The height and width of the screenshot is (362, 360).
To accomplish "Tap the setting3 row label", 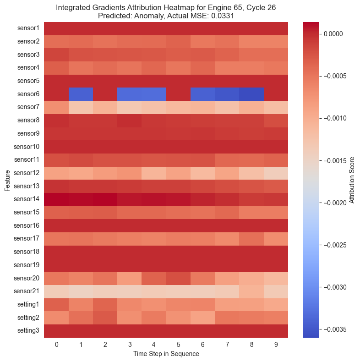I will (x=29, y=331).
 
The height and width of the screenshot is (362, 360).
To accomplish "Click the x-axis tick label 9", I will (x=276, y=344).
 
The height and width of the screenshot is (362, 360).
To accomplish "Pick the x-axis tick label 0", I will (x=56, y=344).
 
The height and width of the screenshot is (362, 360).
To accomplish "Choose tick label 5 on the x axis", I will (x=178, y=344).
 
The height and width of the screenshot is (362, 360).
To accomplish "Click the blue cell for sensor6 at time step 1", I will (x=81, y=94).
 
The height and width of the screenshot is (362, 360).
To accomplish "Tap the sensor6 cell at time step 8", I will (x=251, y=94).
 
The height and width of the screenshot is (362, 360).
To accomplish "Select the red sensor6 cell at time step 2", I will (x=105, y=94).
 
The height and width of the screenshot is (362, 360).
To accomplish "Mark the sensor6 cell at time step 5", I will (x=178, y=94).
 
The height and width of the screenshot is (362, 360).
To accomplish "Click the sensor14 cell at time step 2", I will (x=105, y=199).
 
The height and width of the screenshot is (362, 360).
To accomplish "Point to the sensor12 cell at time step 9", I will (x=276, y=173).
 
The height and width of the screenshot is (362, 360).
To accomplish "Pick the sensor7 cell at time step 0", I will (x=56, y=107).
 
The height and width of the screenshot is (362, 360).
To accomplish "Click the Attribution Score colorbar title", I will (x=352, y=180).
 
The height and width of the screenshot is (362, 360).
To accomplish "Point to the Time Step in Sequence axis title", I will (x=166, y=354).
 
